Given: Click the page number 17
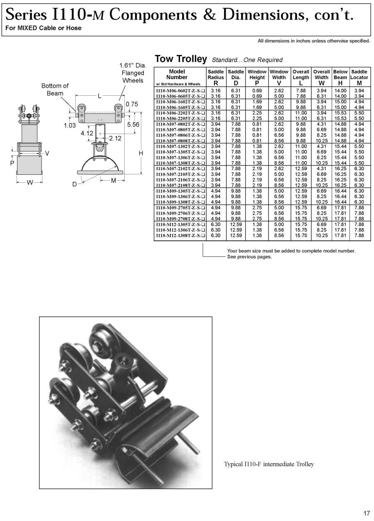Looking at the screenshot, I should [366, 513].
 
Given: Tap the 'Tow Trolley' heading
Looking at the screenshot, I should [180, 59].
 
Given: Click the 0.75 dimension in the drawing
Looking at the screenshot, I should [131, 104].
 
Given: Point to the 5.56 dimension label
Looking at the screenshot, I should [133, 124].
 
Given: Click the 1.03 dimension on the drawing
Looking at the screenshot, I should [70, 125].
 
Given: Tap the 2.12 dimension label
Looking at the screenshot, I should [115, 139].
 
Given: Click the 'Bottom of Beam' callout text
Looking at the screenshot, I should [55, 89].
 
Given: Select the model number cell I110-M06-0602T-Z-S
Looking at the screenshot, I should [180, 90].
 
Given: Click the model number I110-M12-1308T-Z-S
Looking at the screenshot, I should [180, 236].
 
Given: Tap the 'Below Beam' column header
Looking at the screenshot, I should [340, 74].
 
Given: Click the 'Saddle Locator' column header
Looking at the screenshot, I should [359, 74].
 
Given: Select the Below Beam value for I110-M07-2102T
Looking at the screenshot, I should [340, 169].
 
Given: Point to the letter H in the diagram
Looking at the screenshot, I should [141, 154].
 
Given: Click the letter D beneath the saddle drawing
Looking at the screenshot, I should [74, 184].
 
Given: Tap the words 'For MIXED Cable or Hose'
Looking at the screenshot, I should [43, 28].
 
